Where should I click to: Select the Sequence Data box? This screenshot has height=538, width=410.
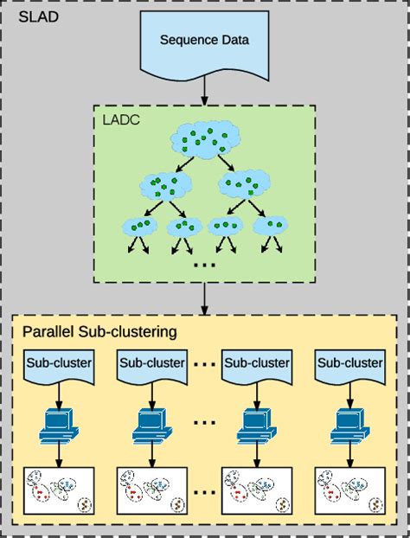point(204,43)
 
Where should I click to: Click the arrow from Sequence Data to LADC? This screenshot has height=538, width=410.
point(204,89)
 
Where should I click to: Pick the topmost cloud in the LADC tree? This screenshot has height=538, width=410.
point(204,139)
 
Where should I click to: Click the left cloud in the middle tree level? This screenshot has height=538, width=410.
point(165,184)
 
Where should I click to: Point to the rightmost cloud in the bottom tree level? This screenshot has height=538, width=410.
point(274,226)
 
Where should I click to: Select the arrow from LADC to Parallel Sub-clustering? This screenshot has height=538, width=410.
point(204,298)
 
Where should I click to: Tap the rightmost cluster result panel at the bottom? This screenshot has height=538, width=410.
point(349,492)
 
